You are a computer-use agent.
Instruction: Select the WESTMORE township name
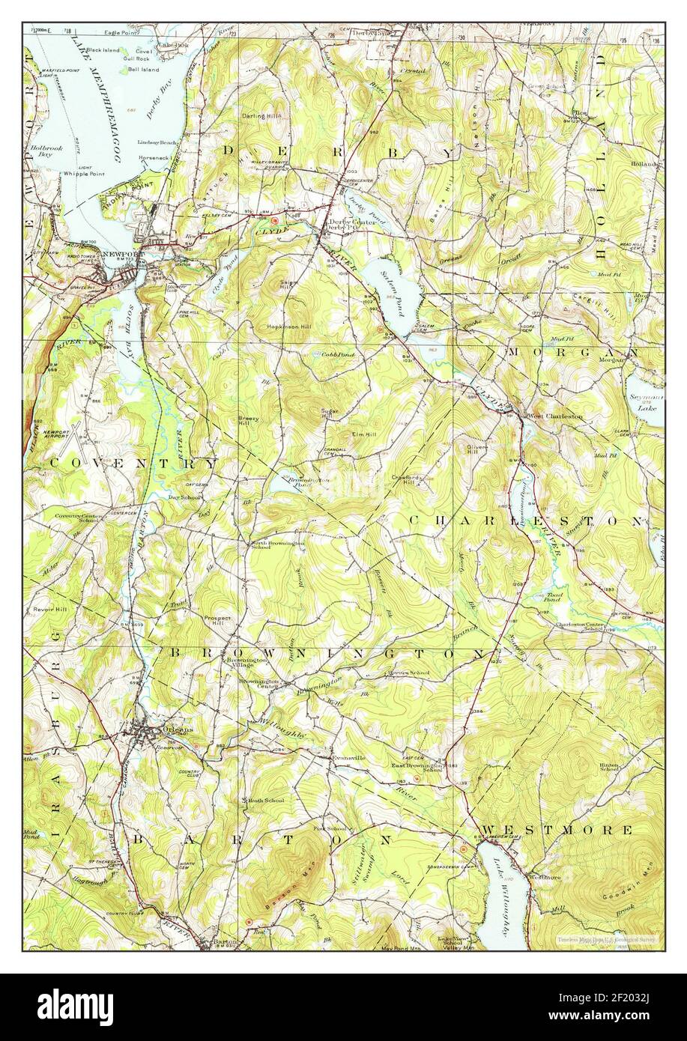pos(557,830)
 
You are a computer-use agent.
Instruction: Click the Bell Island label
pos(142,69)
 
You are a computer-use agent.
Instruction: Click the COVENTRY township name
pos(133,464)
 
